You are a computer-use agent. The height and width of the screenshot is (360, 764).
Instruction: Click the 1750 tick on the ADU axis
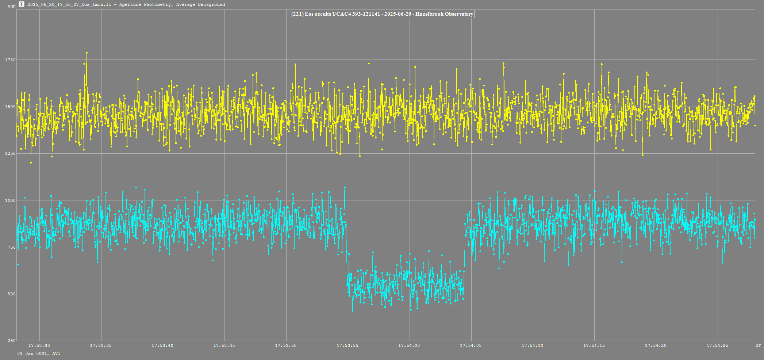[x=11, y=60]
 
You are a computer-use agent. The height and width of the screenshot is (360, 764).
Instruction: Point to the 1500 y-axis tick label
[x=11, y=107]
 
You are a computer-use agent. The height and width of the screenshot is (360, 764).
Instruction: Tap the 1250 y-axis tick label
[x=11, y=153]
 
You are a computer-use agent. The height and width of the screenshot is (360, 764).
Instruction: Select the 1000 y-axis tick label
[x=11, y=200]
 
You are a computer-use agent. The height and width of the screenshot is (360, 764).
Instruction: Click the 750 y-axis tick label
[x=11, y=247]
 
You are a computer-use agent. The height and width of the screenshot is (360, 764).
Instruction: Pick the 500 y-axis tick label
[x=11, y=294]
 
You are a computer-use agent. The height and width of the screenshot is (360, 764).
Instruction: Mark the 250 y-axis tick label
[x=11, y=341]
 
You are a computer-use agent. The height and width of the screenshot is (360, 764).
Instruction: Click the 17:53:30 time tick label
[x=39, y=345]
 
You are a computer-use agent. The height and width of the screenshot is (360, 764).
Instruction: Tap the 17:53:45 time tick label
[x=224, y=345]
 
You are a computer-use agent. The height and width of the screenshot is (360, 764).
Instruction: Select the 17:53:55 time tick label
[x=348, y=345]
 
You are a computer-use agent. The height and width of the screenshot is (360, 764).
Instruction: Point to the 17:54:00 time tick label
[x=409, y=345]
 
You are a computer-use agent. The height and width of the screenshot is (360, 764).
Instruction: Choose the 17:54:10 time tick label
[x=533, y=345]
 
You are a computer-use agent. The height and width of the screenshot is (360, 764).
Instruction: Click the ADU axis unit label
[x=11, y=7]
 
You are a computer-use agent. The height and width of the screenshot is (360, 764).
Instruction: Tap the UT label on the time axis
[x=758, y=345]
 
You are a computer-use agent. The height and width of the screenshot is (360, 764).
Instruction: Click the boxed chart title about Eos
[x=382, y=14]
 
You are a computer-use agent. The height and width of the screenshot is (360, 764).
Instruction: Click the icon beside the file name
[x=22, y=4]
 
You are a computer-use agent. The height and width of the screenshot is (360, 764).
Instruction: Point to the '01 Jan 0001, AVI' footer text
[x=39, y=353]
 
